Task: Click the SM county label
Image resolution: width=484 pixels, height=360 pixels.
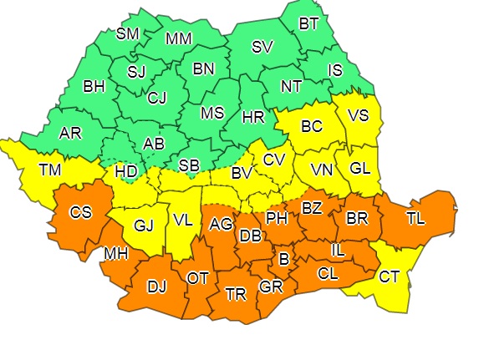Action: click(x=128, y=34)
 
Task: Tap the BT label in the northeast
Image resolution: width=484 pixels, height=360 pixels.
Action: click(x=308, y=23)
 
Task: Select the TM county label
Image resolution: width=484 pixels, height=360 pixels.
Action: click(x=49, y=170)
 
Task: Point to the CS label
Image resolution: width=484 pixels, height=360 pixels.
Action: click(x=80, y=212)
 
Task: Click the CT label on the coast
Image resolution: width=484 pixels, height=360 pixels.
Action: click(x=389, y=276)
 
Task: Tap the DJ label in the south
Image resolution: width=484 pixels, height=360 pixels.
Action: click(x=156, y=287)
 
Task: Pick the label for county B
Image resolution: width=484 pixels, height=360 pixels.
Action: click(x=284, y=261)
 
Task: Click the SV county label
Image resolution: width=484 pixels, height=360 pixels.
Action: click(x=262, y=46)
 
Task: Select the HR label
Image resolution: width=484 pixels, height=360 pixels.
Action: click(x=252, y=117)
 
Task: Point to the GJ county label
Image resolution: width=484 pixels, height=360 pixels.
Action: click(x=145, y=225)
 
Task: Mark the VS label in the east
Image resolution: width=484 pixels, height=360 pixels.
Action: click(x=358, y=116)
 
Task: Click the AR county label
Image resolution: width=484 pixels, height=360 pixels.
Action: click(x=70, y=134)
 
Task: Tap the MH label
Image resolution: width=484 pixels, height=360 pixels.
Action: click(x=115, y=253)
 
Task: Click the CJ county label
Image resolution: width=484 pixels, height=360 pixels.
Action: click(x=157, y=98)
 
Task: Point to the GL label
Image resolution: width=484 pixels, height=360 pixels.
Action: click(x=360, y=167)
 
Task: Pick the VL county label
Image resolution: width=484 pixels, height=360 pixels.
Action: click(x=182, y=222)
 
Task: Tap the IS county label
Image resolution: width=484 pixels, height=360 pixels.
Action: click(x=335, y=71)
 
